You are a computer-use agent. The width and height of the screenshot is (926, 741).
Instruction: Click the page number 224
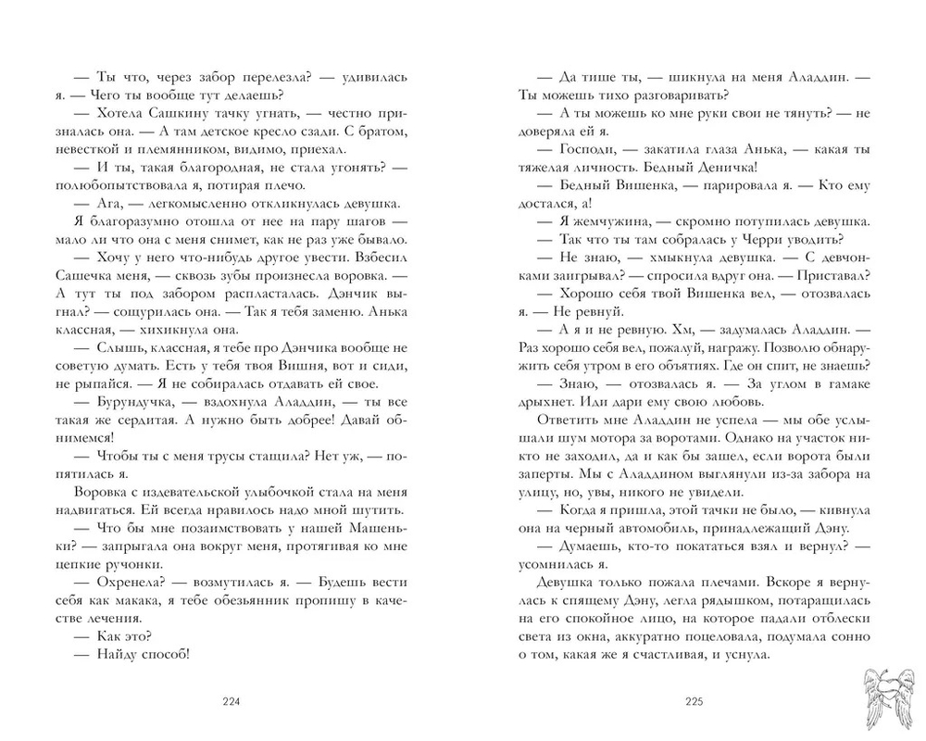point(231,700)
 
